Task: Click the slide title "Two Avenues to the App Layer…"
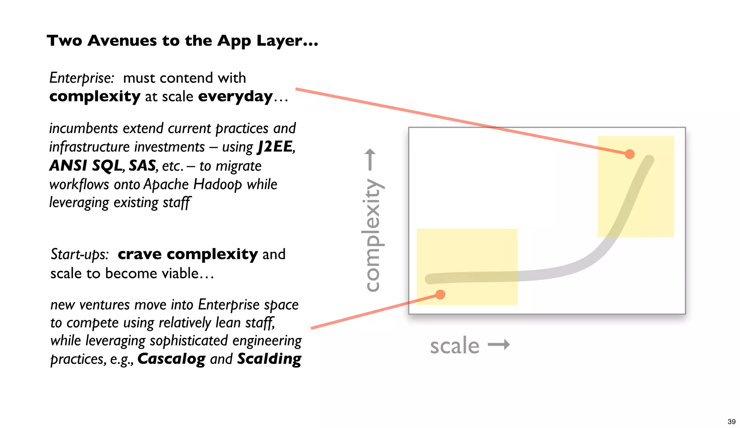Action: [x=182, y=40]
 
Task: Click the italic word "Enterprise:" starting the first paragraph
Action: [x=82, y=78]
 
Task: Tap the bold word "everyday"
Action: [x=235, y=97]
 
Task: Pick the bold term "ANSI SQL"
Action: [x=86, y=166]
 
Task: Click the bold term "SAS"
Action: [x=142, y=166]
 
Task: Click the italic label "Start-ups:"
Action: [x=79, y=254]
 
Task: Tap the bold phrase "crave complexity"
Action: [x=188, y=254]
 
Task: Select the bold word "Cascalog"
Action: [x=171, y=359]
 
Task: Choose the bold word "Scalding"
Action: [x=269, y=359]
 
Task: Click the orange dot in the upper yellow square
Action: [x=630, y=154]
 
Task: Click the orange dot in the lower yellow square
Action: [x=440, y=295]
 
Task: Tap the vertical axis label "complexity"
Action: [x=372, y=235]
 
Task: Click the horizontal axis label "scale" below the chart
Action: [x=455, y=346]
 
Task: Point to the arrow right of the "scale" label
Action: [x=499, y=344]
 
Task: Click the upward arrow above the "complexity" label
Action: [x=370, y=159]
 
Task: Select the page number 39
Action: [x=731, y=421]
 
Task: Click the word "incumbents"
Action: [x=83, y=129]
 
